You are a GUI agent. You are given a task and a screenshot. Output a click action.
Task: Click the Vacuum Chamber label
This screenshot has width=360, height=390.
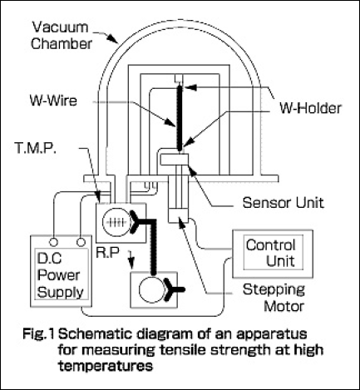point(62,36)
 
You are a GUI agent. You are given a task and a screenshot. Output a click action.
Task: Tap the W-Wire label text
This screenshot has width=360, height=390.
point(53,101)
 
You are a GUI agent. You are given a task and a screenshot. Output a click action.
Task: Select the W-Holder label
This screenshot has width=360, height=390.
point(310,108)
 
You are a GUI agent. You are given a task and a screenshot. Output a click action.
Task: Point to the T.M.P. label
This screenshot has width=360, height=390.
point(35,148)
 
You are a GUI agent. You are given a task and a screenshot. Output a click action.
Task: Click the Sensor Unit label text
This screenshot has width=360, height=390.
point(284,203)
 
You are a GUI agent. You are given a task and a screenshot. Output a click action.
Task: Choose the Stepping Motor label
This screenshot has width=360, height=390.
point(274,298)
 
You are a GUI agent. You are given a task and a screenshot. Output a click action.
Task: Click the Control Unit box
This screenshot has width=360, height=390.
point(273,254)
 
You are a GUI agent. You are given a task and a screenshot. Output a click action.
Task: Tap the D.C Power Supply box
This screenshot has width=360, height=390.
point(61,271)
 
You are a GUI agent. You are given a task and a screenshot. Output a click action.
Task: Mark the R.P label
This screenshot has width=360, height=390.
point(108,253)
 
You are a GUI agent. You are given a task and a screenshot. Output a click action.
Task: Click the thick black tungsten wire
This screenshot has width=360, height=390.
point(180,118)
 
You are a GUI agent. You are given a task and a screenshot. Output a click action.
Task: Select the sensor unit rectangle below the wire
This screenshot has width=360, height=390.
point(175,160)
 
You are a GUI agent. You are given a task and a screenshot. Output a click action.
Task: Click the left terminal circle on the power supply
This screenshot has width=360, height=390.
point(53,242)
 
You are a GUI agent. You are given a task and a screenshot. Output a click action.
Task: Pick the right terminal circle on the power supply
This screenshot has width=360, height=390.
point(81,242)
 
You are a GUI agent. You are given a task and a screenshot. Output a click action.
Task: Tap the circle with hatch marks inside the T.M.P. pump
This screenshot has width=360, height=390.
point(116,222)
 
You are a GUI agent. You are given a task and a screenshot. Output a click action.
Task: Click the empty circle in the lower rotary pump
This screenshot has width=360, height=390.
point(153,289)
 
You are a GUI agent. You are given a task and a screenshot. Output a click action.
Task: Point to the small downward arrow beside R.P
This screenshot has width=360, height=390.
point(131,259)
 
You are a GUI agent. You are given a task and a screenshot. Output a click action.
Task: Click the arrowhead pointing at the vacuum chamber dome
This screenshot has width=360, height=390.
point(114,39)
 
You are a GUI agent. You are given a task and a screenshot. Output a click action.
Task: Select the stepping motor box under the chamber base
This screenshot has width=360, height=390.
point(178,215)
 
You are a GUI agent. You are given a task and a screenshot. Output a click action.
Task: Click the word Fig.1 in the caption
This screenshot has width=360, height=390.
point(39,333)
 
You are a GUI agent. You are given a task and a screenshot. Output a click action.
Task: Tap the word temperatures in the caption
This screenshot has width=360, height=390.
point(106,366)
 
